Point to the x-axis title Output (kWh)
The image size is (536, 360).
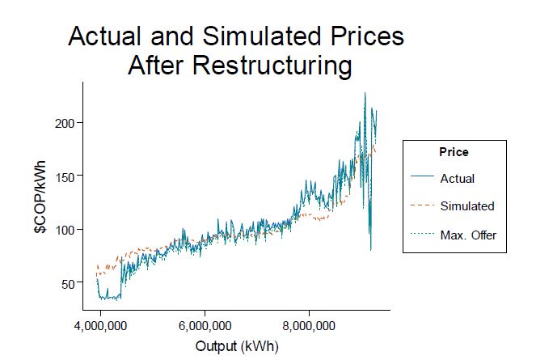click(236, 346)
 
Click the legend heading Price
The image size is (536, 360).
click(454, 151)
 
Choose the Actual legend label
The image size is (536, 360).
click(458, 178)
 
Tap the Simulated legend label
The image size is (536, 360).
click(467, 206)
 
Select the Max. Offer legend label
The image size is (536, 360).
click(468, 235)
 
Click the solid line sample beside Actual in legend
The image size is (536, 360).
click(422, 178)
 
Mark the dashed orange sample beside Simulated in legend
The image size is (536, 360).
click(422, 206)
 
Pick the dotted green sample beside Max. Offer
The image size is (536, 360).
click(422, 235)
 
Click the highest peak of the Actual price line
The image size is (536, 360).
click(365, 93)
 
